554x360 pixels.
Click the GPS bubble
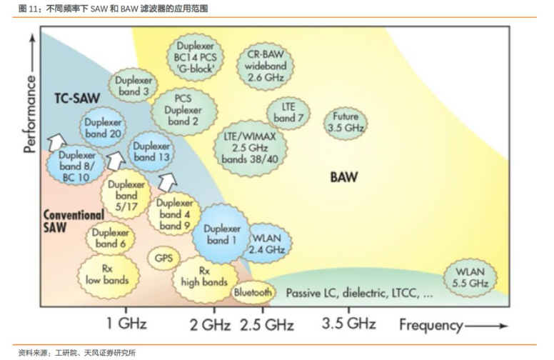click(x=163, y=258)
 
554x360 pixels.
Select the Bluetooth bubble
click(x=252, y=292)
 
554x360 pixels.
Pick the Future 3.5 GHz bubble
click(x=346, y=122)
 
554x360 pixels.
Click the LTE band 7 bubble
click(x=288, y=112)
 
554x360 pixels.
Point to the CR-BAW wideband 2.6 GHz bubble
click(x=266, y=66)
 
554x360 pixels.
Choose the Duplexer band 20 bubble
click(x=103, y=128)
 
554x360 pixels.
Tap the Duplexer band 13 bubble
click(x=151, y=151)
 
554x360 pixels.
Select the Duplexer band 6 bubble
click(x=111, y=238)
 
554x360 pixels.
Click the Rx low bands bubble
click(x=108, y=275)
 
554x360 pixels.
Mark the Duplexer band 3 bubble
click(x=134, y=86)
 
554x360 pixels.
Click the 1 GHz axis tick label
click(x=126, y=324)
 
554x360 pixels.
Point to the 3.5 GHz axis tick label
click(x=348, y=324)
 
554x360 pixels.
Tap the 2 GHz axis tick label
click(x=210, y=324)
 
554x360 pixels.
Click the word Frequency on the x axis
click(x=431, y=325)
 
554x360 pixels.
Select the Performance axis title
click(x=30, y=114)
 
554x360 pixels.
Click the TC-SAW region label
click(x=77, y=99)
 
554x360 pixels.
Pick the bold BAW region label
click(x=344, y=177)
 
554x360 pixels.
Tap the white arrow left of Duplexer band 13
click(x=116, y=160)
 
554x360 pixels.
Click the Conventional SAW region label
click(x=74, y=220)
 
